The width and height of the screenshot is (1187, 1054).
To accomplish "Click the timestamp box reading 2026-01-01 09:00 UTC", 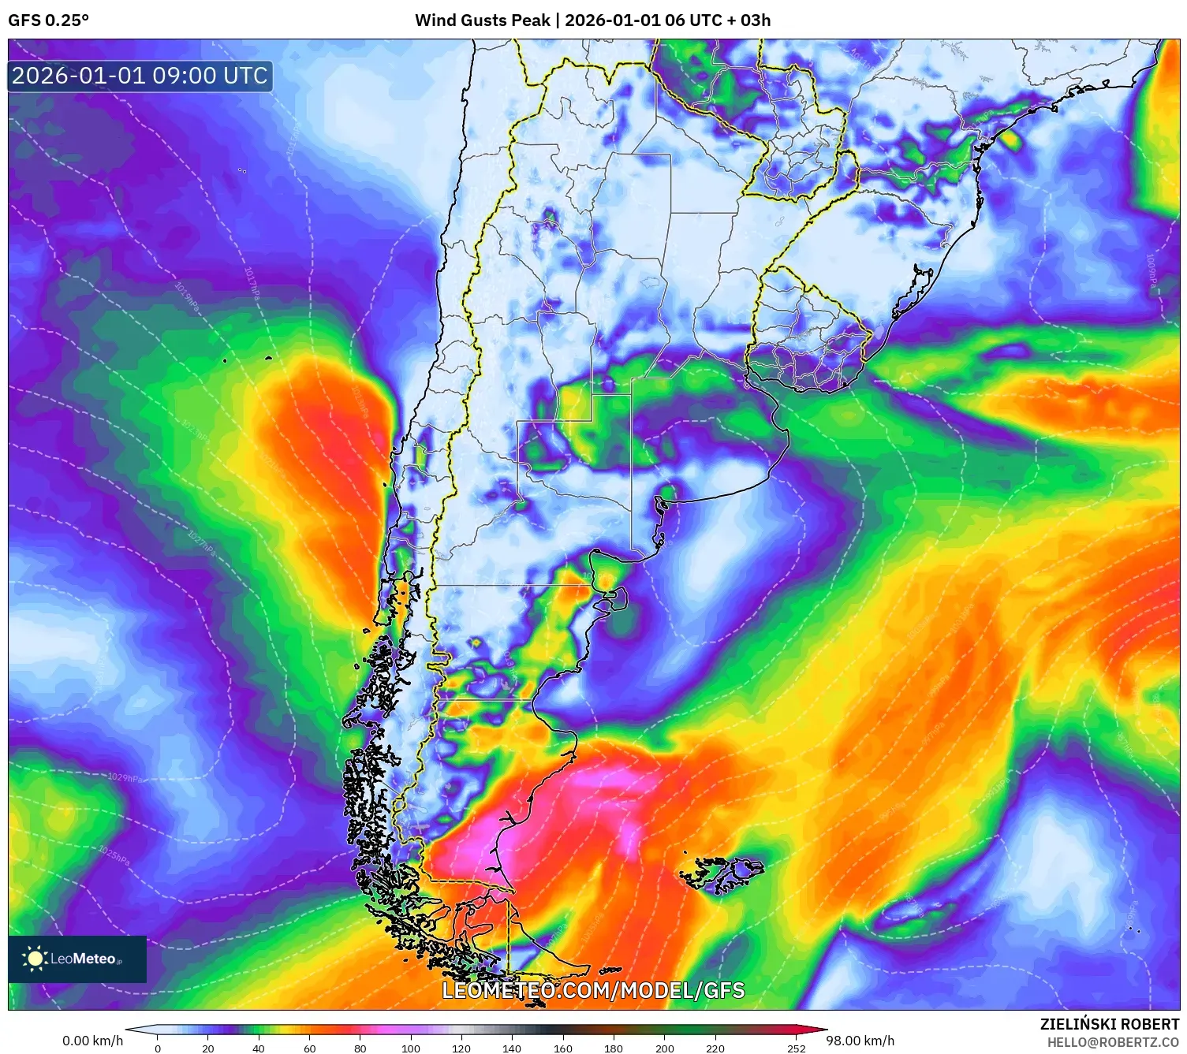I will pyautogui.click(x=140, y=76).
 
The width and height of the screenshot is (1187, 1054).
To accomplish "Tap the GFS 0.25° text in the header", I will pyautogui.click(x=49, y=20).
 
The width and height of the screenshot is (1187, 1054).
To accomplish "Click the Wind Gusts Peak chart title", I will pyautogui.click(x=592, y=20).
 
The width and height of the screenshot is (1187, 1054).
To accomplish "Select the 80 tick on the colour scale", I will pyautogui.click(x=360, y=1048).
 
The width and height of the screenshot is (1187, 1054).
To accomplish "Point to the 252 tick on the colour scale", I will pyautogui.click(x=797, y=1048).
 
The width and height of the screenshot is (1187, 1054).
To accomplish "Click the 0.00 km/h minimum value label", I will pyautogui.click(x=92, y=1041).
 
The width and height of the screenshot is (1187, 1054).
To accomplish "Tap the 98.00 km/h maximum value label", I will pyautogui.click(x=860, y=1041).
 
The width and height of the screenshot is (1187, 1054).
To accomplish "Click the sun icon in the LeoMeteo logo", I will pyautogui.click(x=35, y=959).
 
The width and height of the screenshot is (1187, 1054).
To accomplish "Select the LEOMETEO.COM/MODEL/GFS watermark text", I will pyautogui.click(x=593, y=990).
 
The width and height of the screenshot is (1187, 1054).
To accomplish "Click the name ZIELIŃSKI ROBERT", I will pyautogui.click(x=1110, y=1024).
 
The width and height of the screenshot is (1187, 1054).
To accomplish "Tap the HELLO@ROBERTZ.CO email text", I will pyautogui.click(x=1113, y=1042).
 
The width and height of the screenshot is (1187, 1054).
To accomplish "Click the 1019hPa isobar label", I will pyautogui.click(x=187, y=297).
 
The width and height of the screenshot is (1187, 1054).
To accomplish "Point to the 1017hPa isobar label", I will pyautogui.click(x=252, y=283).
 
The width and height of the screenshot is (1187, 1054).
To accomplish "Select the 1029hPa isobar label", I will pyautogui.click(x=125, y=777).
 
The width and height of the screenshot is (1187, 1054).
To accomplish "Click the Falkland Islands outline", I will pyautogui.click(x=722, y=873).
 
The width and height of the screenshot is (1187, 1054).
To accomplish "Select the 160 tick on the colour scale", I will pyautogui.click(x=563, y=1048).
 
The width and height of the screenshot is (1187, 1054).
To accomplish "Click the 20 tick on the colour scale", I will pyautogui.click(x=208, y=1048).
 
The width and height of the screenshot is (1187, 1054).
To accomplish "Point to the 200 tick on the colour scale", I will pyautogui.click(x=665, y=1048).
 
